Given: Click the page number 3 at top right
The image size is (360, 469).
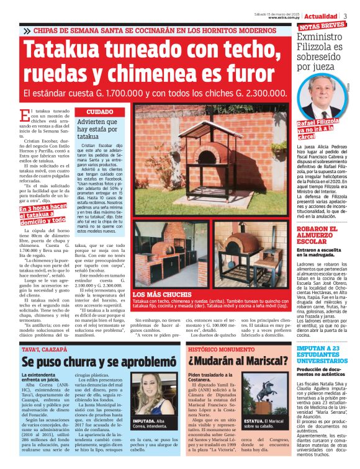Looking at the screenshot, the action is click(346, 16).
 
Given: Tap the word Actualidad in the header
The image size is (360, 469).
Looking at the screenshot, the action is click(321, 16).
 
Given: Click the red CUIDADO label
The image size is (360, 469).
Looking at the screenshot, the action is click(95, 112).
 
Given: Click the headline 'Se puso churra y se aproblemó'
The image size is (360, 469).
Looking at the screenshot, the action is click(95, 362).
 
